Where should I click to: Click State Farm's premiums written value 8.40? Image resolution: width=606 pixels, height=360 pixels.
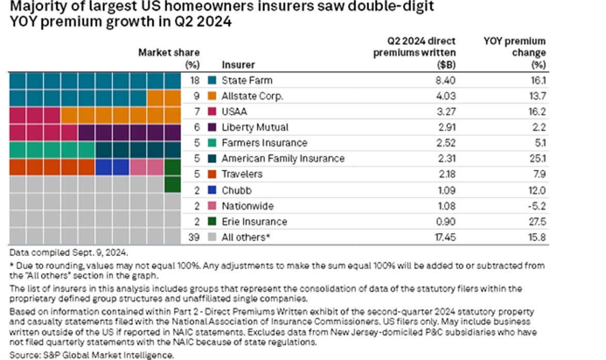coord(445,80)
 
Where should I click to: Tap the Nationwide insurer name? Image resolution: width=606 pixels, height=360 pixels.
coord(247,206)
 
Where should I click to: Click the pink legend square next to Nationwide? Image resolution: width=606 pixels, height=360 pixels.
coord(212,206)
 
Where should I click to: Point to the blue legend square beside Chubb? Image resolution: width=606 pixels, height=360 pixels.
coord(212,190)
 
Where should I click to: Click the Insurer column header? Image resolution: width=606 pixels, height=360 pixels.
coord(238,65)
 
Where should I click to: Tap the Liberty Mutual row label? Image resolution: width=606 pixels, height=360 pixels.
coord(255,127)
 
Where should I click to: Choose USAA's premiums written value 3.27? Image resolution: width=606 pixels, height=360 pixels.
coord(445,112)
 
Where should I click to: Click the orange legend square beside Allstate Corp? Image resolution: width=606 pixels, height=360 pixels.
coord(212,96)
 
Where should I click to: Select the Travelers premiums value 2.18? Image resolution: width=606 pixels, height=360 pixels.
coord(445,175)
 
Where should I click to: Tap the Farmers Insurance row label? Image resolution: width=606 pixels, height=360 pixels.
coord(264,143)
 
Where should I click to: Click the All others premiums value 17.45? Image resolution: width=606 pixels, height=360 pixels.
coord(443,237)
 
